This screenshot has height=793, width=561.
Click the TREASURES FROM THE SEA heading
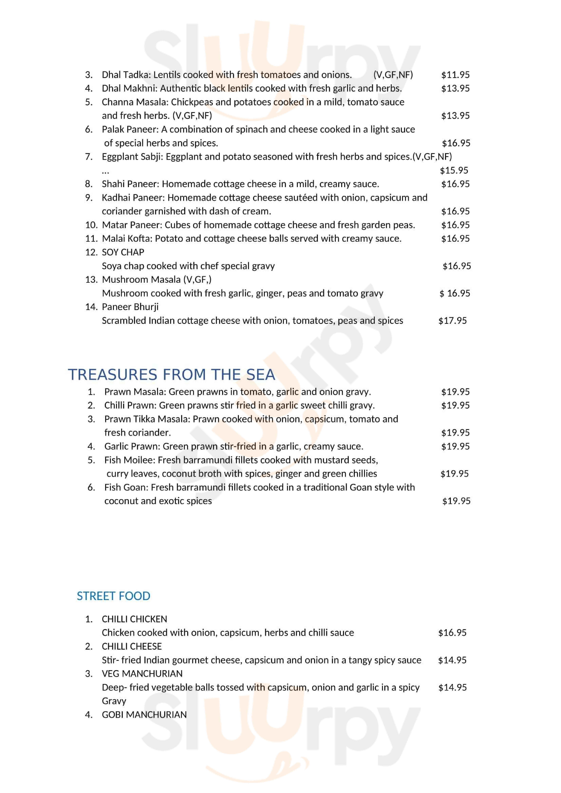pos(171,375)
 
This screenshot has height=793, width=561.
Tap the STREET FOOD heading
pos(113,596)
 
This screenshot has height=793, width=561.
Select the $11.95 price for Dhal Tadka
pos(455,75)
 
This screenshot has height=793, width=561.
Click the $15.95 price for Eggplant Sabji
pos(454,170)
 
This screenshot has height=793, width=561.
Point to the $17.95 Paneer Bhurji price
pos(452,321)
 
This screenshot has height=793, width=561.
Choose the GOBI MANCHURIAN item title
pos(144,715)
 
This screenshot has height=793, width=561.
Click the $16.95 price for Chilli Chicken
pos(452,633)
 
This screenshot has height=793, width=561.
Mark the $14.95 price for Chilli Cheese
pos(452,660)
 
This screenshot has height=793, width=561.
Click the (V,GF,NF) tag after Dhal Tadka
pos(393,75)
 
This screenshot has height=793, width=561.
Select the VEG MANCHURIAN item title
pos(142,674)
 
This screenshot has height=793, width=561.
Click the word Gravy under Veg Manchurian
pos(114,701)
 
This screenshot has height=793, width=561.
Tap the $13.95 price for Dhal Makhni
pos(455,88)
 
